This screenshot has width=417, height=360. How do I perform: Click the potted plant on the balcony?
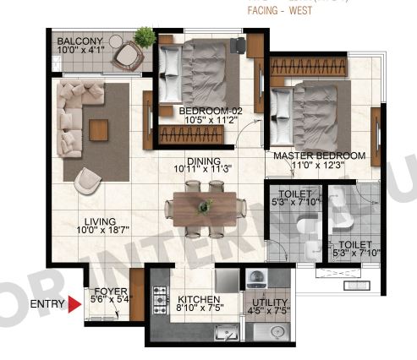click(x=145, y=37)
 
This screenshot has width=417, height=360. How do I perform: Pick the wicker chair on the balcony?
click(x=127, y=54)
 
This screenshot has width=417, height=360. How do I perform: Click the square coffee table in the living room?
click(x=98, y=129)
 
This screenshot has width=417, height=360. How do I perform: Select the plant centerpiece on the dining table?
click(x=204, y=205)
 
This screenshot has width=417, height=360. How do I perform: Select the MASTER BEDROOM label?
click(x=319, y=156)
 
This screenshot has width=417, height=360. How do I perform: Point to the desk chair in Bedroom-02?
click(x=242, y=43)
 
